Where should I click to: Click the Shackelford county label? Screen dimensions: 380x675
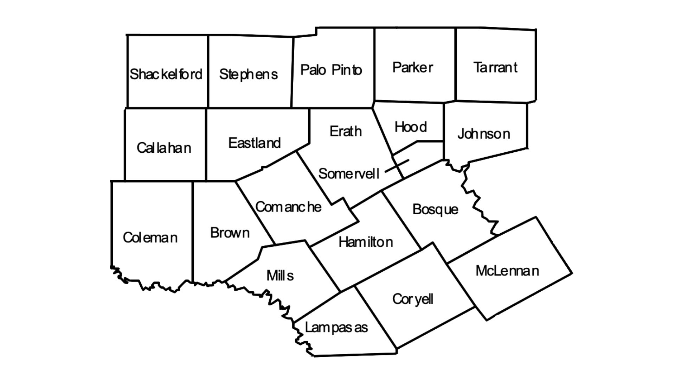coord(166,74)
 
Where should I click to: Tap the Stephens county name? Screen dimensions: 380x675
coord(248,74)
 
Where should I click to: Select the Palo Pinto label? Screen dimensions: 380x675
coord(331,70)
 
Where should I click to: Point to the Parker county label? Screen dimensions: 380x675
coord(412,68)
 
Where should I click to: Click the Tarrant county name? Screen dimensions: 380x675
coord(495,68)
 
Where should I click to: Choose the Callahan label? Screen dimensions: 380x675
coord(164,148)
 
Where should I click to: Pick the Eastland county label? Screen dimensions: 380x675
coord(255,143)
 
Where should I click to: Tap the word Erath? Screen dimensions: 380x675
coord(346,131)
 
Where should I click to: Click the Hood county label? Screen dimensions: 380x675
coord(411,127)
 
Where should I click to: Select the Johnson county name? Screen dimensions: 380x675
coord(483,134)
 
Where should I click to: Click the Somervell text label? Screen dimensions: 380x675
coord(349,173)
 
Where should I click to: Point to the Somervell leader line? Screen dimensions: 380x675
coord(397,166)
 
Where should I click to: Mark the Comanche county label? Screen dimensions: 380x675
coord(288,207)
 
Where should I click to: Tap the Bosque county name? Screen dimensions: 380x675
coord(435,209)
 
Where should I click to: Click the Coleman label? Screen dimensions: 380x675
coord(150,237)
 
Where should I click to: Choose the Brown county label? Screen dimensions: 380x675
coord(230,233)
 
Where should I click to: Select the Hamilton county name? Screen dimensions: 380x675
coord(366,242)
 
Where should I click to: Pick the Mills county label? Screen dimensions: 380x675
coord(280,275)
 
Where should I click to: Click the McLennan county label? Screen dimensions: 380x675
coord(507,271)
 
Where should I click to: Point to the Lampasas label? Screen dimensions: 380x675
coord(336,328)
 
